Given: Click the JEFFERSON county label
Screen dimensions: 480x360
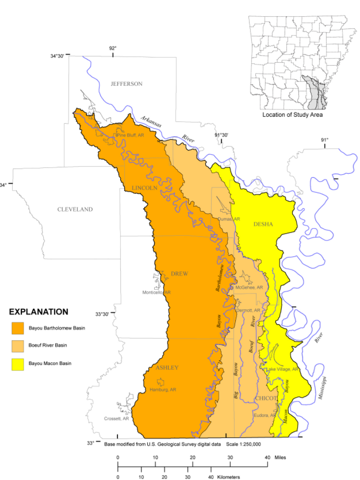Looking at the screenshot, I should click(x=126, y=84).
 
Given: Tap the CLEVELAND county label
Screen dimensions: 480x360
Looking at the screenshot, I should click(x=75, y=210).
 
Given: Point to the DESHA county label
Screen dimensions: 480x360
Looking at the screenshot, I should click(x=263, y=224).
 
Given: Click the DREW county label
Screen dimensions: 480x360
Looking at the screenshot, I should click(x=179, y=274).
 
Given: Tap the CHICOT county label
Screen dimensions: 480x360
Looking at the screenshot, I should click(x=266, y=398).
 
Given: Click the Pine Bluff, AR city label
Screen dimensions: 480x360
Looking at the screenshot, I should click(x=130, y=135).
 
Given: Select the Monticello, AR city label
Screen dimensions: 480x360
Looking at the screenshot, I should click(x=156, y=293).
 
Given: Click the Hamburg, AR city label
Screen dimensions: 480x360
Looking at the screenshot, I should click(x=163, y=390).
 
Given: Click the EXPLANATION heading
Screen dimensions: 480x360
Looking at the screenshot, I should click(x=39, y=312).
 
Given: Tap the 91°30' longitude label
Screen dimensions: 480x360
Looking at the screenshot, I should click(x=222, y=134).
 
